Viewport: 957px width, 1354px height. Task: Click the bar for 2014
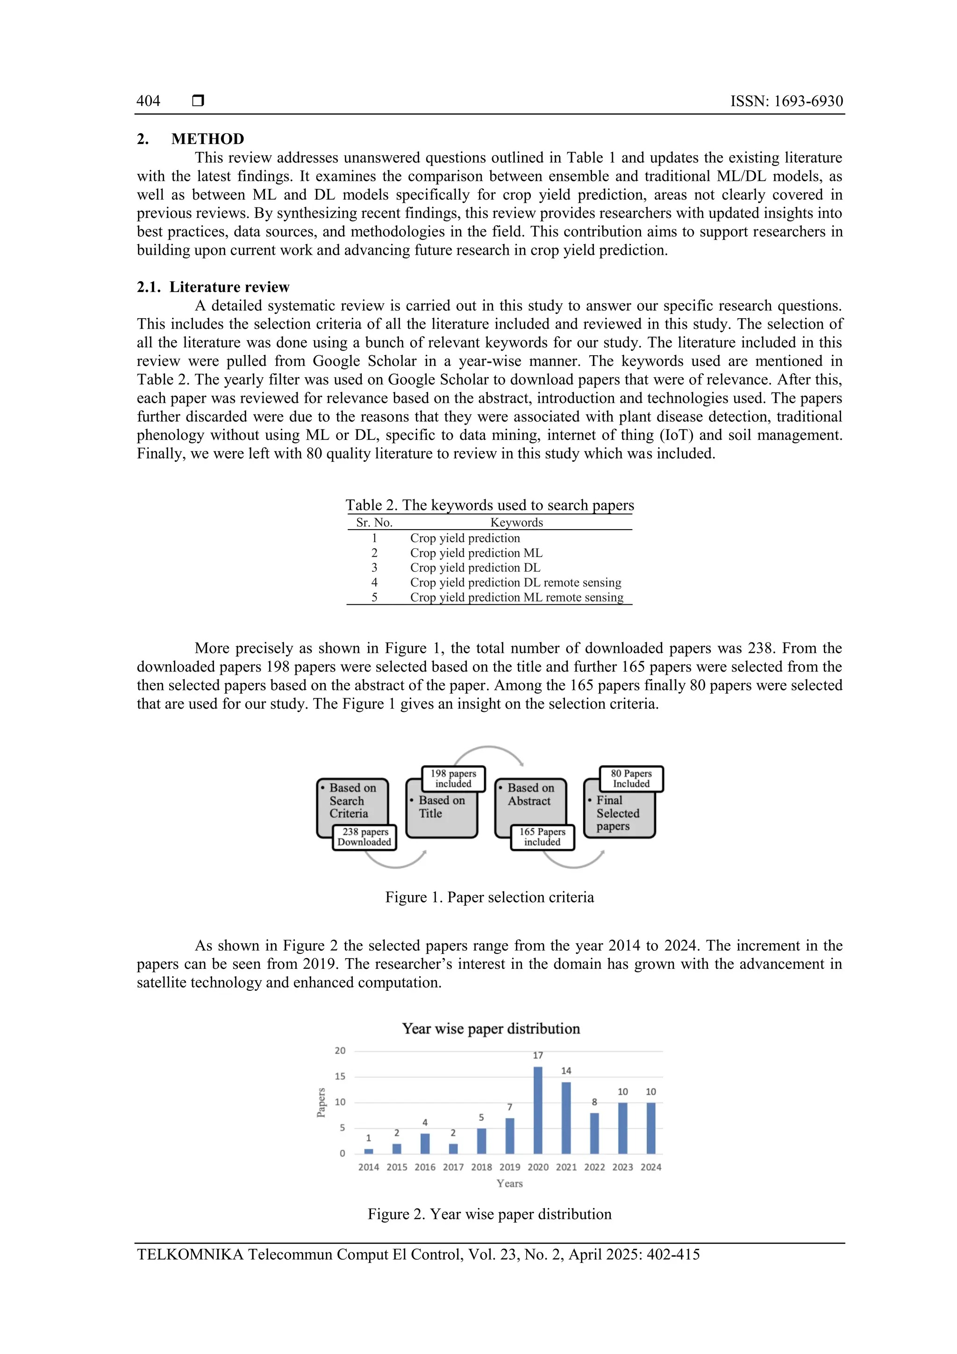click(x=369, y=1151)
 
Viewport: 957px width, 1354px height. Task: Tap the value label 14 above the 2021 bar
click(x=566, y=1070)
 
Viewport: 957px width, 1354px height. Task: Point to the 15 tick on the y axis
click(x=340, y=1076)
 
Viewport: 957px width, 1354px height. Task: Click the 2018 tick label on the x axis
click(x=481, y=1167)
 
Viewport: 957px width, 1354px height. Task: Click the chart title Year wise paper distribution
click(x=491, y=1029)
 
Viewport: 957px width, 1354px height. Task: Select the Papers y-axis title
click(x=321, y=1102)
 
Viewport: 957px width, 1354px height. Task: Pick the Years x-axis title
click(x=509, y=1183)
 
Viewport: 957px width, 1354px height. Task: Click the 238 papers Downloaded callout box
click(x=365, y=837)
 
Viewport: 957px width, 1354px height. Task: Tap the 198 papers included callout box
click(x=453, y=779)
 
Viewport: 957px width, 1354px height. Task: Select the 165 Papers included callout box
click(x=542, y=837)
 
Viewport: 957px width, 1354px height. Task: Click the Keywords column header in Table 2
click(x=516, y=523)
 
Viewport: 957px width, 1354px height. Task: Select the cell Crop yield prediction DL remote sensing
click(x=515, y=583)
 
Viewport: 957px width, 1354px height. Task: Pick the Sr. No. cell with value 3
click(x=374, y=567)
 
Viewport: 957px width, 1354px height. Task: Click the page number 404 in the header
click(x=149, y=101)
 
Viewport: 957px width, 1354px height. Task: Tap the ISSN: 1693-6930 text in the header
click(x=786, y=101)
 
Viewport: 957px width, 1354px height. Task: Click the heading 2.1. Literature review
click(x=213, y=287)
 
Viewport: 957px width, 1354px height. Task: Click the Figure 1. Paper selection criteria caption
click(x=489, y=897)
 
